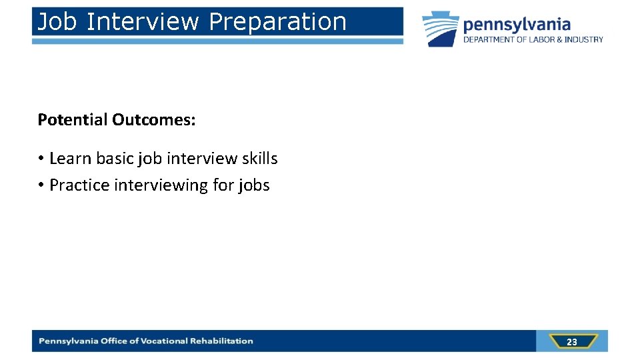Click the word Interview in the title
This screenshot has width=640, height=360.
143,22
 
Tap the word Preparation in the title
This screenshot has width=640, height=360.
277,22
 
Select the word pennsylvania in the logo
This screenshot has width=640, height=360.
517,25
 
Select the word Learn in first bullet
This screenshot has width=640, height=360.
71,159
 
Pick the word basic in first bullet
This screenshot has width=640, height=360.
116,159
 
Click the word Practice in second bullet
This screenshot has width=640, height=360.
80,185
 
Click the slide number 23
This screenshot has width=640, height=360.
571,342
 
